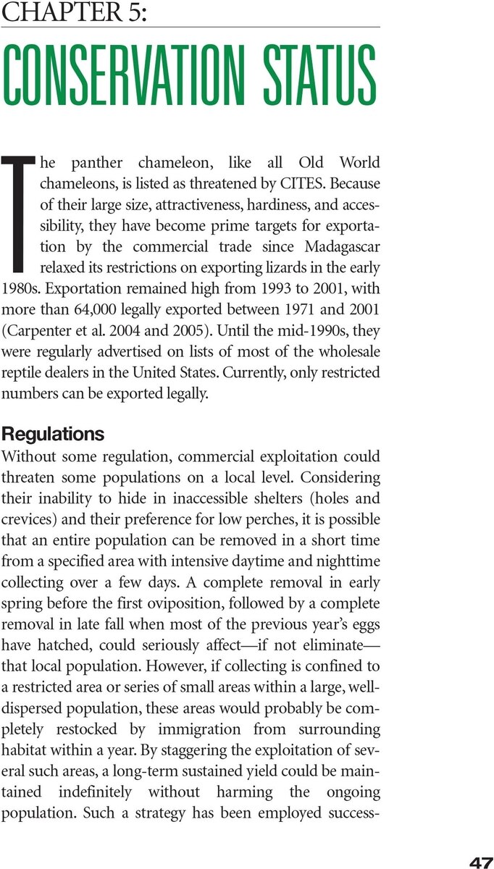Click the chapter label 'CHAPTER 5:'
75,12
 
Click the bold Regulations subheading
54,434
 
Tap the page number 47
481,862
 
